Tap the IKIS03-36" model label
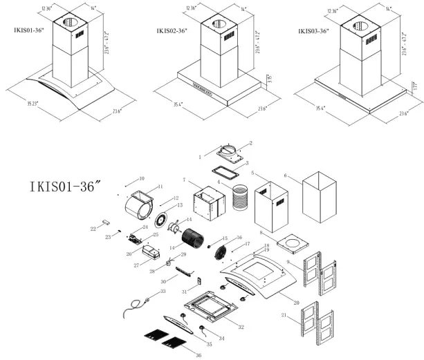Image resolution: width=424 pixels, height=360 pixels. point(313,31)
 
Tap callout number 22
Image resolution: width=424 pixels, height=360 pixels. point(93,228)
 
